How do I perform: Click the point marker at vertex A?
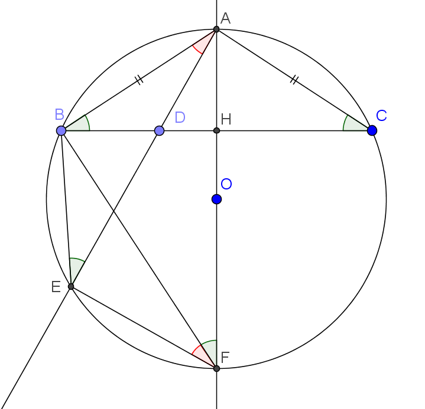[216, 29]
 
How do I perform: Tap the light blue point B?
[61, 130]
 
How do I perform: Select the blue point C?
[372, 130]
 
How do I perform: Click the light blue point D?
[159, 130]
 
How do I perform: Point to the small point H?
[216, 130]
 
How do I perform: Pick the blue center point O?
[216, 199]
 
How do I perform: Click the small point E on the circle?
[71, 286]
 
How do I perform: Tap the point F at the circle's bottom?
[216, 368]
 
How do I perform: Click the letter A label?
[225, 19]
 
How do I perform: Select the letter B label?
[60, 114]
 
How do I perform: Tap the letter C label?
[381, 116]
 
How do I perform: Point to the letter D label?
[180, 117]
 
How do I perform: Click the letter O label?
[226, 184]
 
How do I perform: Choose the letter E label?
[56, 287]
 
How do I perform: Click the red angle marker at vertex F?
[202, 355]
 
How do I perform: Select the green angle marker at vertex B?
[80, 125]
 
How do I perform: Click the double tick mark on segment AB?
[139, 79]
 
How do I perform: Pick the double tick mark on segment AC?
[294, 79]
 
